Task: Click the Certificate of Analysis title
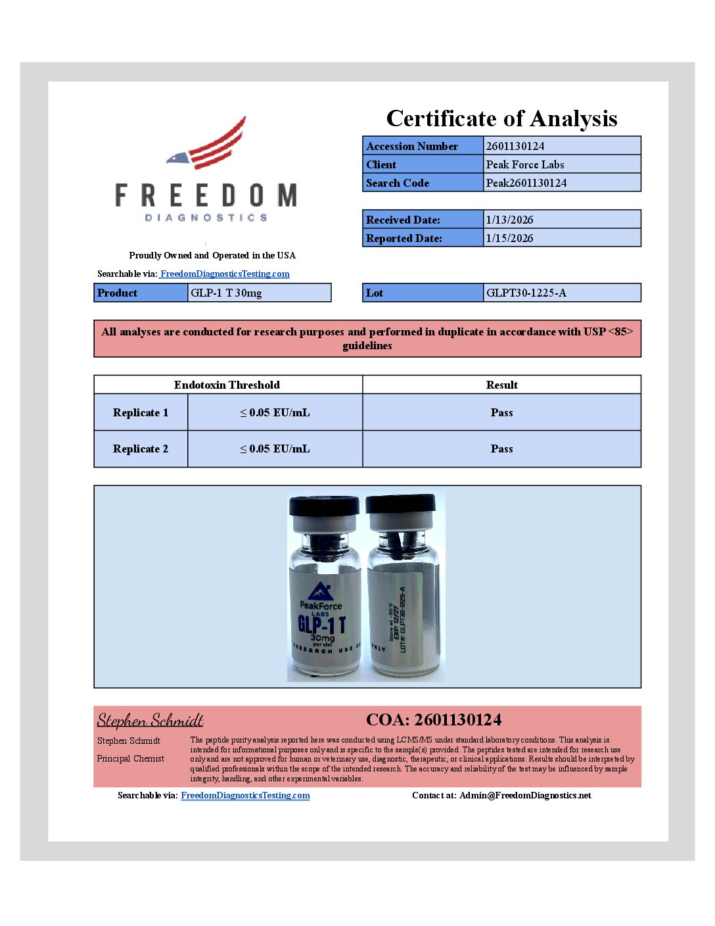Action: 501,118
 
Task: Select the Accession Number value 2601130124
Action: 515,146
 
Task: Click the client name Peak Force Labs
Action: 525,164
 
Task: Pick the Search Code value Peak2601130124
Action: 526,183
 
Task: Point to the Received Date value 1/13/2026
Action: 509,220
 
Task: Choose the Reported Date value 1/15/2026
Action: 509,238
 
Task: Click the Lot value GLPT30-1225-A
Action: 526,293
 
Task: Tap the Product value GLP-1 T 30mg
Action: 226,293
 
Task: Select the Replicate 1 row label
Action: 141,412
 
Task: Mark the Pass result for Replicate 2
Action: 501,449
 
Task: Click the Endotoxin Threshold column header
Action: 227,385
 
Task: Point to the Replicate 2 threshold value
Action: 275,449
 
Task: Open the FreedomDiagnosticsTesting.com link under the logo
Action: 225,274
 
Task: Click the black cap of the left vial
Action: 325,505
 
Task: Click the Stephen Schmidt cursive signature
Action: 150,720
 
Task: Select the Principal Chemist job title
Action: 131,758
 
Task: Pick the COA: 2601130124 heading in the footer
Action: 434,719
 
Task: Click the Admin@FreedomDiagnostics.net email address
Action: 525,795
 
